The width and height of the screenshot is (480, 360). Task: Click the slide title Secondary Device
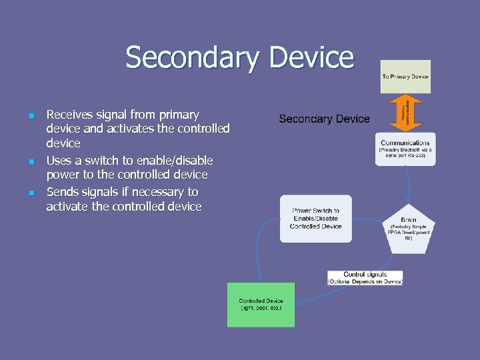pos(239,57)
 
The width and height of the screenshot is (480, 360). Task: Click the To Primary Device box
pos(405,77)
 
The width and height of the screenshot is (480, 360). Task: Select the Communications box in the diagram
pos(405,149)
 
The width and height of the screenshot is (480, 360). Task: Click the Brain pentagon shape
pos(409,229)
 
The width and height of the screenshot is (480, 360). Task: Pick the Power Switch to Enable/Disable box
pos(315,219)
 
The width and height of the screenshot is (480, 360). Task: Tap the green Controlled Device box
pos(261,305)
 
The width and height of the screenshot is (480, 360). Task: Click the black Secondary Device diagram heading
pos(324,119)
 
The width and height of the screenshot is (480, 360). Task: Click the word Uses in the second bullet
pos(59,160)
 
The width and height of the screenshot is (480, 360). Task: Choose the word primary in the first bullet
pos(176,115)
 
